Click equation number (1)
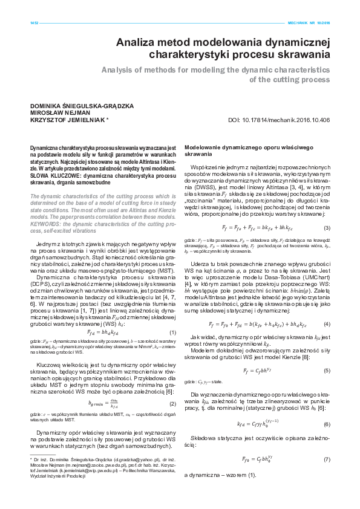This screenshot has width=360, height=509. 172,332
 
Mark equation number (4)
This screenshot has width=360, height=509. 327,324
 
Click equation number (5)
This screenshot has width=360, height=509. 327,370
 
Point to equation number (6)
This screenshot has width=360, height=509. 327,425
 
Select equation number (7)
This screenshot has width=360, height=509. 327,461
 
